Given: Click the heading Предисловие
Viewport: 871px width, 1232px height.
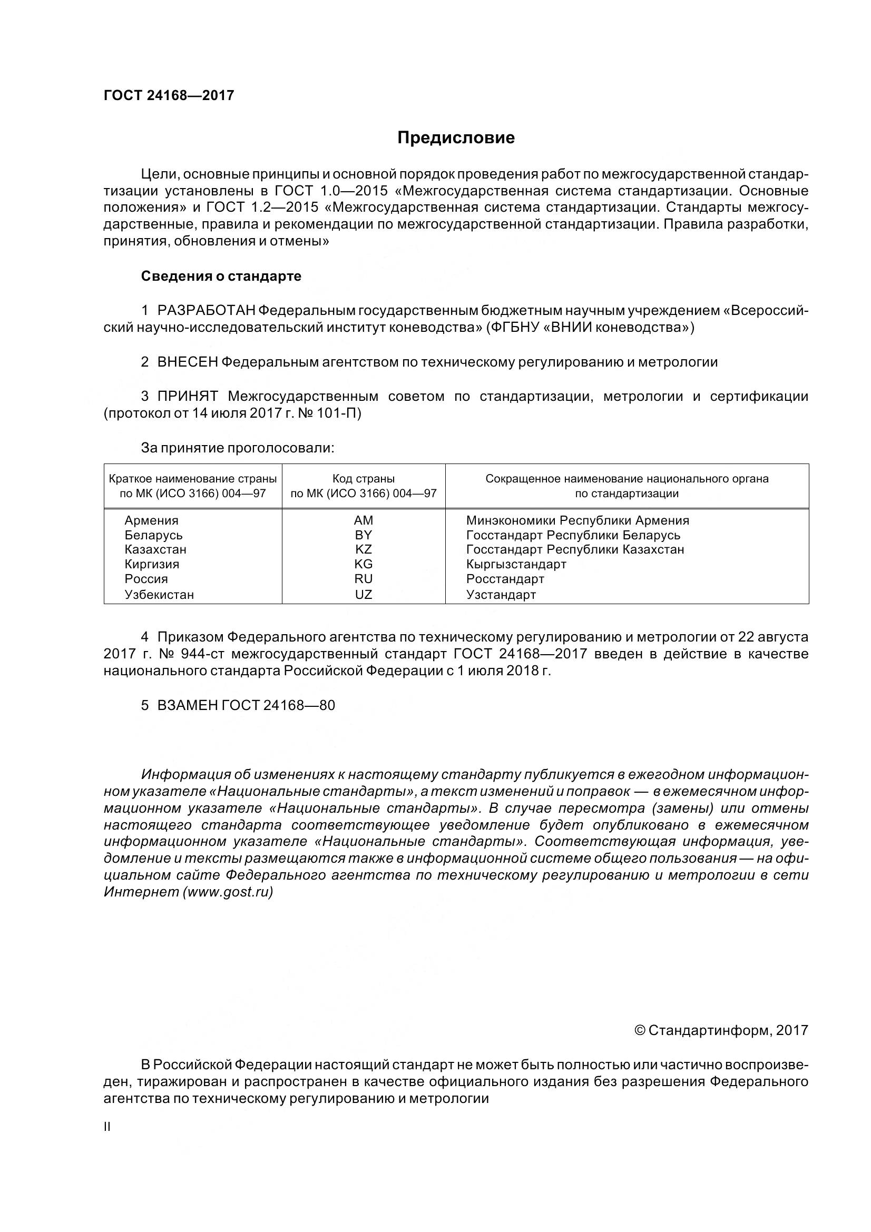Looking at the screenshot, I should [x=456, y=138].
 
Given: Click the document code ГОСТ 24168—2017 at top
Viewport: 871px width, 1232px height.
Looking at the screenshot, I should [x=169, y=95].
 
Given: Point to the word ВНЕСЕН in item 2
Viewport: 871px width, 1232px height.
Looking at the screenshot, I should [x=187, y=362].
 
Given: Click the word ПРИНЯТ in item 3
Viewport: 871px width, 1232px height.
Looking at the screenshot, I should [x=187, y=397].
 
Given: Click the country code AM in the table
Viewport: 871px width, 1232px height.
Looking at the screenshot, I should [x=364, y=520].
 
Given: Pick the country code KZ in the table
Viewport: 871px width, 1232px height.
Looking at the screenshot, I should [x=364, y=549].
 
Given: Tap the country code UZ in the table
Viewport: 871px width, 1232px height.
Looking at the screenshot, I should [x=364, y=594].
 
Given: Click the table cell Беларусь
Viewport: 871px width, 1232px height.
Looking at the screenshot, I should [x=153, y=535].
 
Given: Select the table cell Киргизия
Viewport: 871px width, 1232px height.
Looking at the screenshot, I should [x=152, y=564].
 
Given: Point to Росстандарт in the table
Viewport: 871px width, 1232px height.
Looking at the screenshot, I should [x=505, y=579].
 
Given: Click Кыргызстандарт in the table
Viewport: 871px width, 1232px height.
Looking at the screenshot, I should [x=516, y=564].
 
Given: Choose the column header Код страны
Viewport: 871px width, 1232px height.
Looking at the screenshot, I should [x=364, y=479].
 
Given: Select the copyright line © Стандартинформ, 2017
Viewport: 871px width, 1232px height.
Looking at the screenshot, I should [x=721, y=1030].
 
